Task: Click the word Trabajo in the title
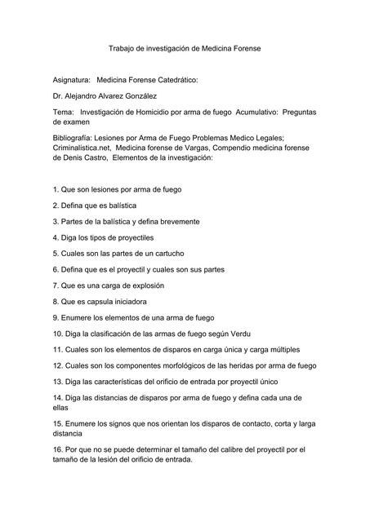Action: pyautogui.click(x=123, y=49)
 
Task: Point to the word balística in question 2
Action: pyautogui.click(x=119, y=205)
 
